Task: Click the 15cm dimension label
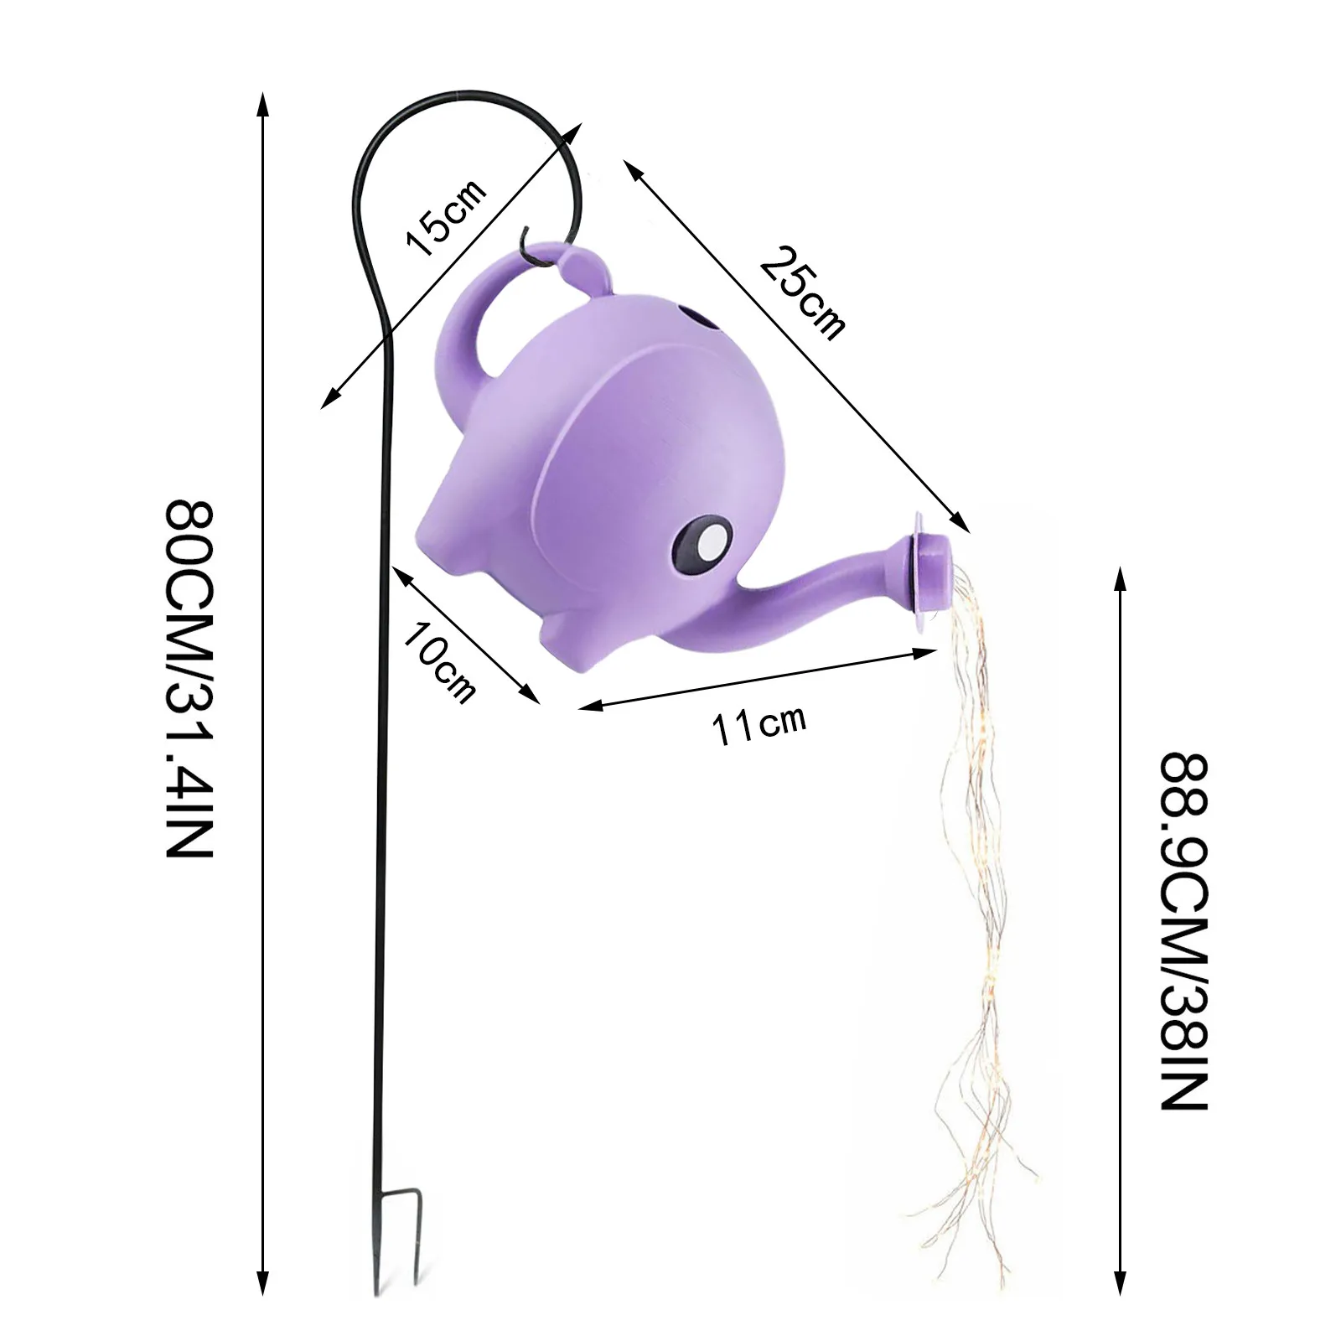tap(446, 218)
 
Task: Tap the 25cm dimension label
tap(802, 293)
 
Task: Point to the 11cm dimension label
tap(759, 725)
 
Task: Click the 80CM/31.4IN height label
tap(189, 679)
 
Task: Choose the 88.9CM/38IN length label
tap(1183, 930)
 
